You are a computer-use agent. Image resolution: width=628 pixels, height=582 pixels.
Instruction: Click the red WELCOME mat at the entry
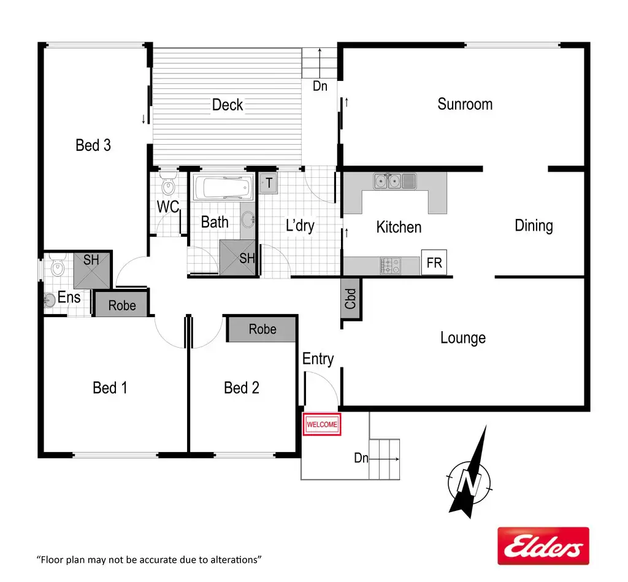click(321, 424)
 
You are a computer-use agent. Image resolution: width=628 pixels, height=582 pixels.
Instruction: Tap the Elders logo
click(543, 546)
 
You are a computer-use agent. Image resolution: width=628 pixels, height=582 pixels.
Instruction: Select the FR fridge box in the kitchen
click(434, 262)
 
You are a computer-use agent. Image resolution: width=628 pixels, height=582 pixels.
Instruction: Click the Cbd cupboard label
click(351, 299)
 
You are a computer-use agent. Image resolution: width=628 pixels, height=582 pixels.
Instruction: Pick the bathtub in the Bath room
click(222, 188)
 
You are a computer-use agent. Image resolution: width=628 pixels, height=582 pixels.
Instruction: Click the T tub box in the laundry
click(268, 183)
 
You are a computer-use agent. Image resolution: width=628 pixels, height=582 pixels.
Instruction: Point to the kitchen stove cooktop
click(390, 266)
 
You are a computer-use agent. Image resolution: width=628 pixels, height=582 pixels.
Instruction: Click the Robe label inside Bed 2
click(262, 329)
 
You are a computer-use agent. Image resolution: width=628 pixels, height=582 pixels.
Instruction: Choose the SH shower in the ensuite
click(92, 269)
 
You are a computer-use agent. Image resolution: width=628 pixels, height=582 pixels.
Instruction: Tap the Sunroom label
click(465, 104)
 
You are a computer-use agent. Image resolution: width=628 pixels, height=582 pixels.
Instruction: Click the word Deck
click(228, 105)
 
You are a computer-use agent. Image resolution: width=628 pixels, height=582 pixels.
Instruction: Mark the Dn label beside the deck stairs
click(320, 86)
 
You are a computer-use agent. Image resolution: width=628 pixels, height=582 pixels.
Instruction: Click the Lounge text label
click(463, 338)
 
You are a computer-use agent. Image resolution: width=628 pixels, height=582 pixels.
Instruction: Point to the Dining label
click(534, 226)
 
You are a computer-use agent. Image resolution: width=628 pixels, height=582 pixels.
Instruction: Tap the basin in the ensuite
click(50, 301)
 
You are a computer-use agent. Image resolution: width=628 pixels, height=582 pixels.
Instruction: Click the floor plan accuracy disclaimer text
click(150, 559)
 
